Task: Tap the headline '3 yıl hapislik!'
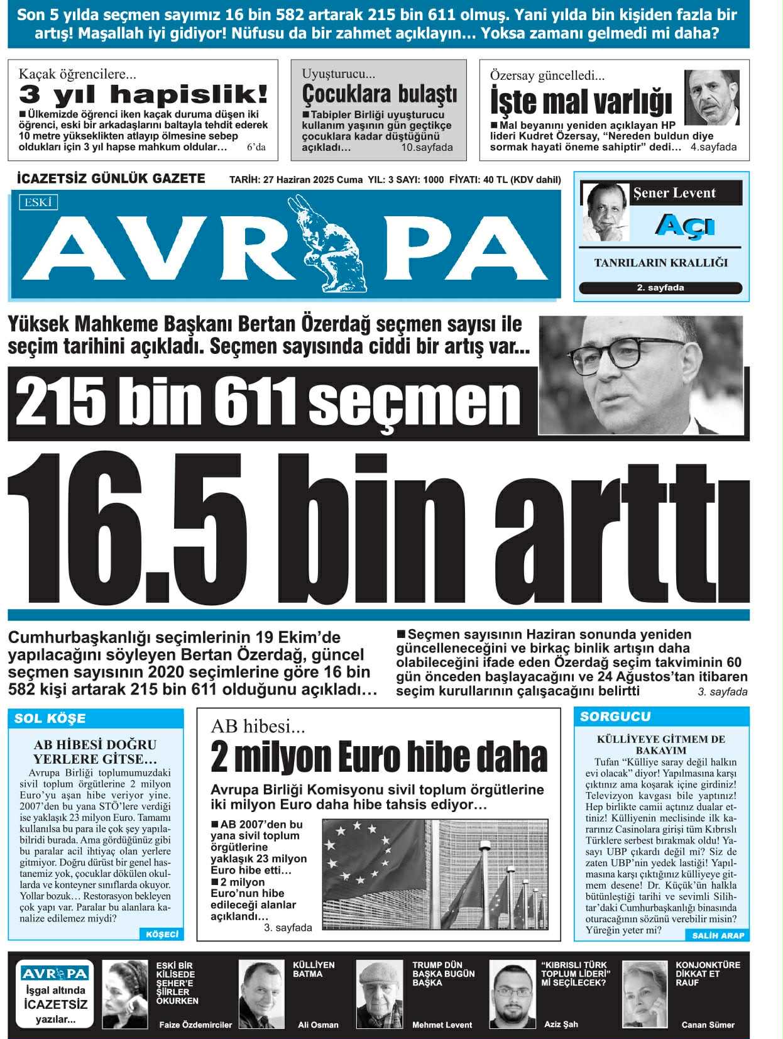(x=143, y=95)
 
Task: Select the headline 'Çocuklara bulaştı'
(x=379, y=94)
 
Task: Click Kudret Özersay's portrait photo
(x=711, y=97)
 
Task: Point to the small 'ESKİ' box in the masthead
(x=38, y=202)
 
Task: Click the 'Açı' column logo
(x=684, y=224)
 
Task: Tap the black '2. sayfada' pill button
(x=660, y=288)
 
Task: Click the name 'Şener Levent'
(x=674, y=193)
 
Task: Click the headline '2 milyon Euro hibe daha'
(x=379, y=756)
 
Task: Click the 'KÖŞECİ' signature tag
(x=162, y=934)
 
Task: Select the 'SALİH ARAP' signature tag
(x=718, y=935)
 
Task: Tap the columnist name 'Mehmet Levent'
(x=442, y=1025)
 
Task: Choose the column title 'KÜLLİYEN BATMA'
(x=314, y=969)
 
